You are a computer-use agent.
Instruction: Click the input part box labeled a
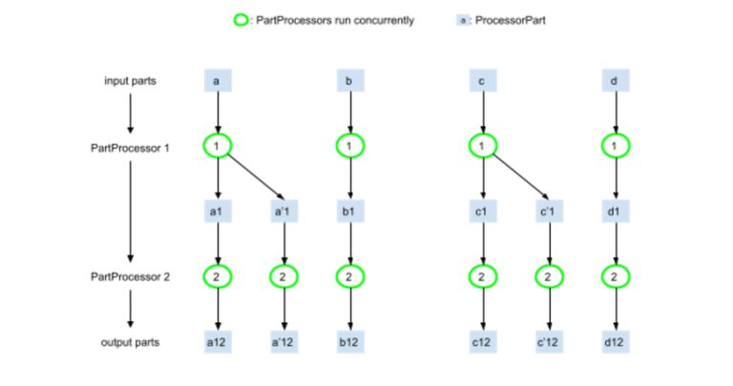[218, 81]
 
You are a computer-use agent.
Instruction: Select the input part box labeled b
[349, 81]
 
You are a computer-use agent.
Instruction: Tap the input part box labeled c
[484, 81]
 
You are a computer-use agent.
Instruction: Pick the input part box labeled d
[614, 81]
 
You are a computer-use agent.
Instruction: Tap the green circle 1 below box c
[484, 146]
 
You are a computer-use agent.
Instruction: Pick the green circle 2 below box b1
[349, 276]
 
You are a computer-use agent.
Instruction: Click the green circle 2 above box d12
[614, 276]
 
